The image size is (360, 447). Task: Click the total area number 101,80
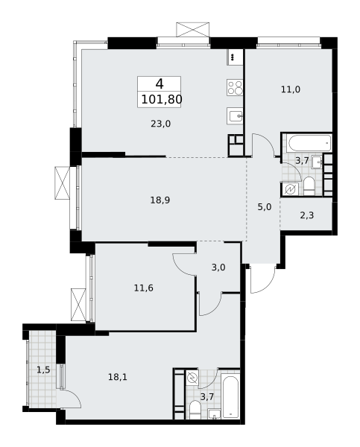coord(162,100)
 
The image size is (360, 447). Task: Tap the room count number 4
coord(160,83)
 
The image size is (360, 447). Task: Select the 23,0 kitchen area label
coord(160,124)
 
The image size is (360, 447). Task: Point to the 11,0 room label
coord(291,89)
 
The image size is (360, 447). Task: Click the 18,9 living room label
coord(160,200)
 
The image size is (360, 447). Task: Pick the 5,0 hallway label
coord(264,207)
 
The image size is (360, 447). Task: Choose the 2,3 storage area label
coord(306,215)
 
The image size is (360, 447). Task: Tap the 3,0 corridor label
coord(218,267)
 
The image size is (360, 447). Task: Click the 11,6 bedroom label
coord(144,288)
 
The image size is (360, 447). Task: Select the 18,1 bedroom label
coord(118,377)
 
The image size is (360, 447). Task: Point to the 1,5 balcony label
coord(43,370)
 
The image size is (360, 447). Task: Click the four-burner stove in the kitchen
coord(235,87)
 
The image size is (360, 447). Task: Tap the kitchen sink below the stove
coord(235,115)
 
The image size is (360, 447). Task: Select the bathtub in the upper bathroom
coord(309,144)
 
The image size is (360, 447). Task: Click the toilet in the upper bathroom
coord(309,186)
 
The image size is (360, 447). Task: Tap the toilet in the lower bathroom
coord(195,410)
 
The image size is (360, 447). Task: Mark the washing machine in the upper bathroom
coord(290,189)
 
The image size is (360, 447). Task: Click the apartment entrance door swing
coord(262,279)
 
